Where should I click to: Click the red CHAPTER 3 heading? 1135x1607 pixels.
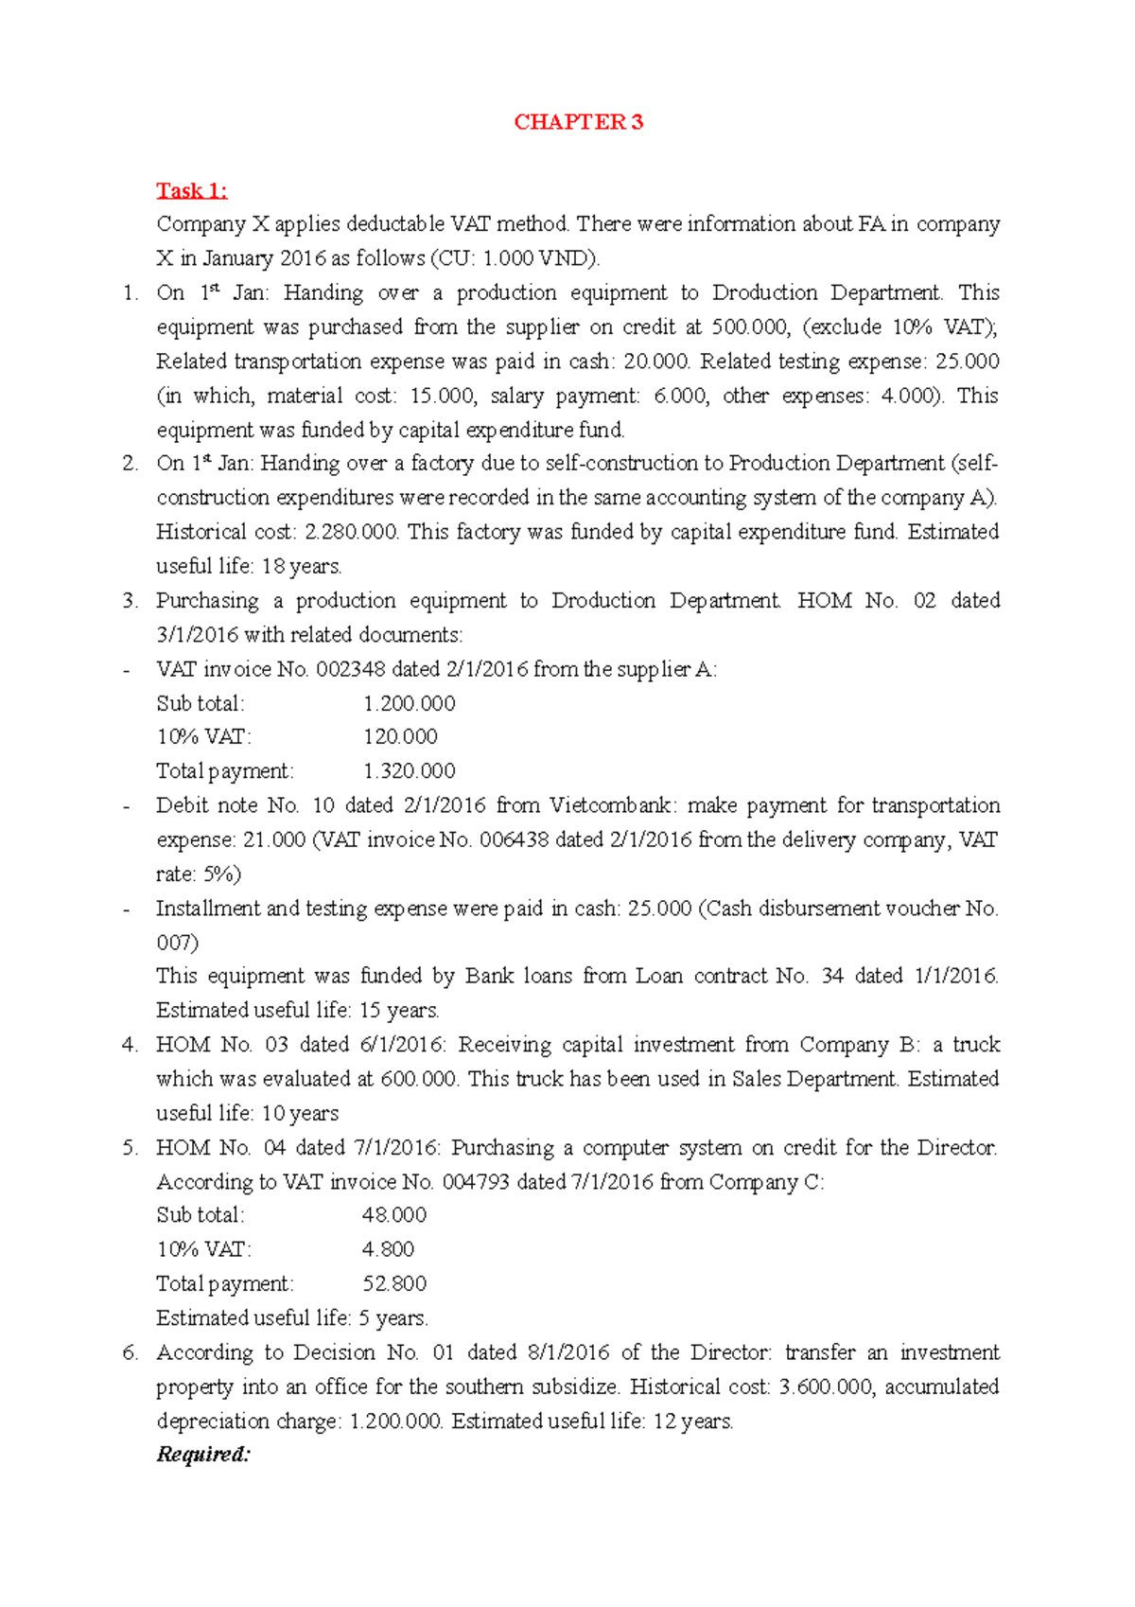tap(578, 122)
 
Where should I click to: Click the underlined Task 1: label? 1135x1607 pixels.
tap(192, 191)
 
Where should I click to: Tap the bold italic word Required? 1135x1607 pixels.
tap(203, 1455)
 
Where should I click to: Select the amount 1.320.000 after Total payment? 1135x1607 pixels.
tap(410, 771)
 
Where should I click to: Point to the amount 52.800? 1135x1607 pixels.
tap(394, 1284)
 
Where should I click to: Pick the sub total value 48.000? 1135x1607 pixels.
tap(394, 1215)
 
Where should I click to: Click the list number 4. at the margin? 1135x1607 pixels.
tap(130, 1045)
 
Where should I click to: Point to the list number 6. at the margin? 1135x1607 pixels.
tap(130, 1352)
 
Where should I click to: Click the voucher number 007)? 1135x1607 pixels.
tap(177, 943)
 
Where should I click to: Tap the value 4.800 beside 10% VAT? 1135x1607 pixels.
tap(388, 1249)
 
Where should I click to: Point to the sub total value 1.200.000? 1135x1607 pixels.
tap(410, 703)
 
